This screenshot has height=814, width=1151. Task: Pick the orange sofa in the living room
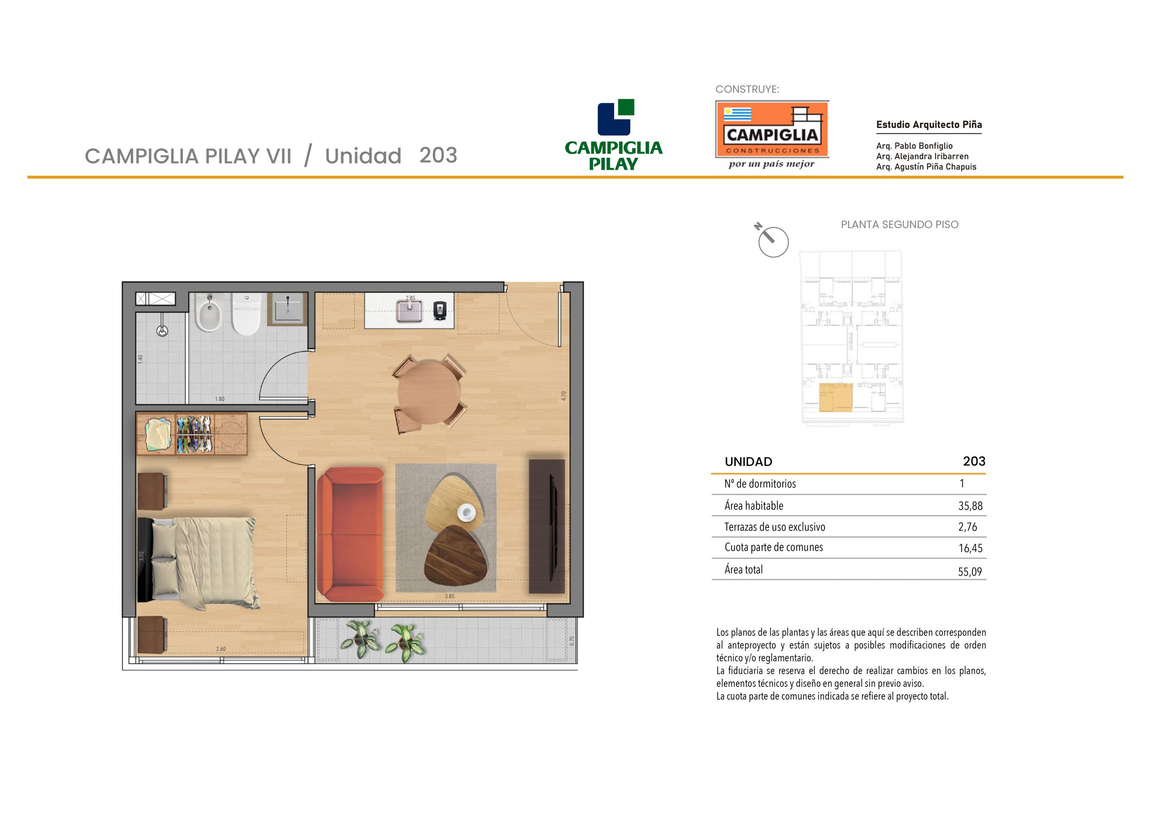coord(350,534)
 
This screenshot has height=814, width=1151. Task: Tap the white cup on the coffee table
coord(466,513)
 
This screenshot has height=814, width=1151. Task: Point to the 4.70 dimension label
coord(563,396)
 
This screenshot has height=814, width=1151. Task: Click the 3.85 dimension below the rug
coord(450,596)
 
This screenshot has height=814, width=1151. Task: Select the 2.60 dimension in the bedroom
coord(221,649)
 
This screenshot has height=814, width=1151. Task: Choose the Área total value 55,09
coord(970,572)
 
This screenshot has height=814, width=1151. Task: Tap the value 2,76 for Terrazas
coord(968,527)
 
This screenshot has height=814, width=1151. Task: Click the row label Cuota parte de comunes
coord(773,547)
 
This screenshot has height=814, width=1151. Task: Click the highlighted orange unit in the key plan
coord(836,398)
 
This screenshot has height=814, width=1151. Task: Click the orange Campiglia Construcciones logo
coord(772,130)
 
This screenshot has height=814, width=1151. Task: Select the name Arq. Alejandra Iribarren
coord(923,157)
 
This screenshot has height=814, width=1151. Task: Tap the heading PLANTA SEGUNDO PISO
coord(899,225)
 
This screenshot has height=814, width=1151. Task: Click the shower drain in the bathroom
coord(162,331)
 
